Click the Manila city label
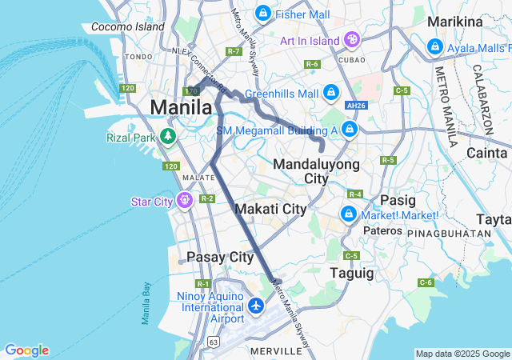coord(182,107)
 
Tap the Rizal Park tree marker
coord(167,136)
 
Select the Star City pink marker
coord(185,198)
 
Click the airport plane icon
coord(256,306)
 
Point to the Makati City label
coord(271,209)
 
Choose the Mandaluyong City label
coord(312,171)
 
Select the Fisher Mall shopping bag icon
coord(262,14)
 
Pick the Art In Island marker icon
coord(352,39)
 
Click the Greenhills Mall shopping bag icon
coord(331,94)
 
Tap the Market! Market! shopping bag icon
coord(349,214)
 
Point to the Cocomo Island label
coord(128,26)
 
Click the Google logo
coord(26,350)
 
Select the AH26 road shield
coord(357,106)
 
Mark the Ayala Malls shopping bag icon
coord(435,47)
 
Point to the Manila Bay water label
coord(146,304)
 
